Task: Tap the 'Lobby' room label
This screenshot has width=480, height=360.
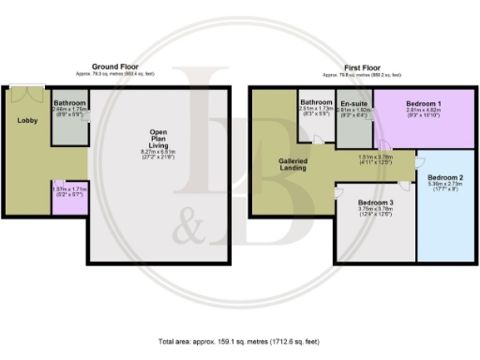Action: tap(26, 119)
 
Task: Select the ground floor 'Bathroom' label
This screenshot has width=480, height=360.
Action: tap(69, 102)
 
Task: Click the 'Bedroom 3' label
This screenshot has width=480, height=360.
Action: tap(374, 202)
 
